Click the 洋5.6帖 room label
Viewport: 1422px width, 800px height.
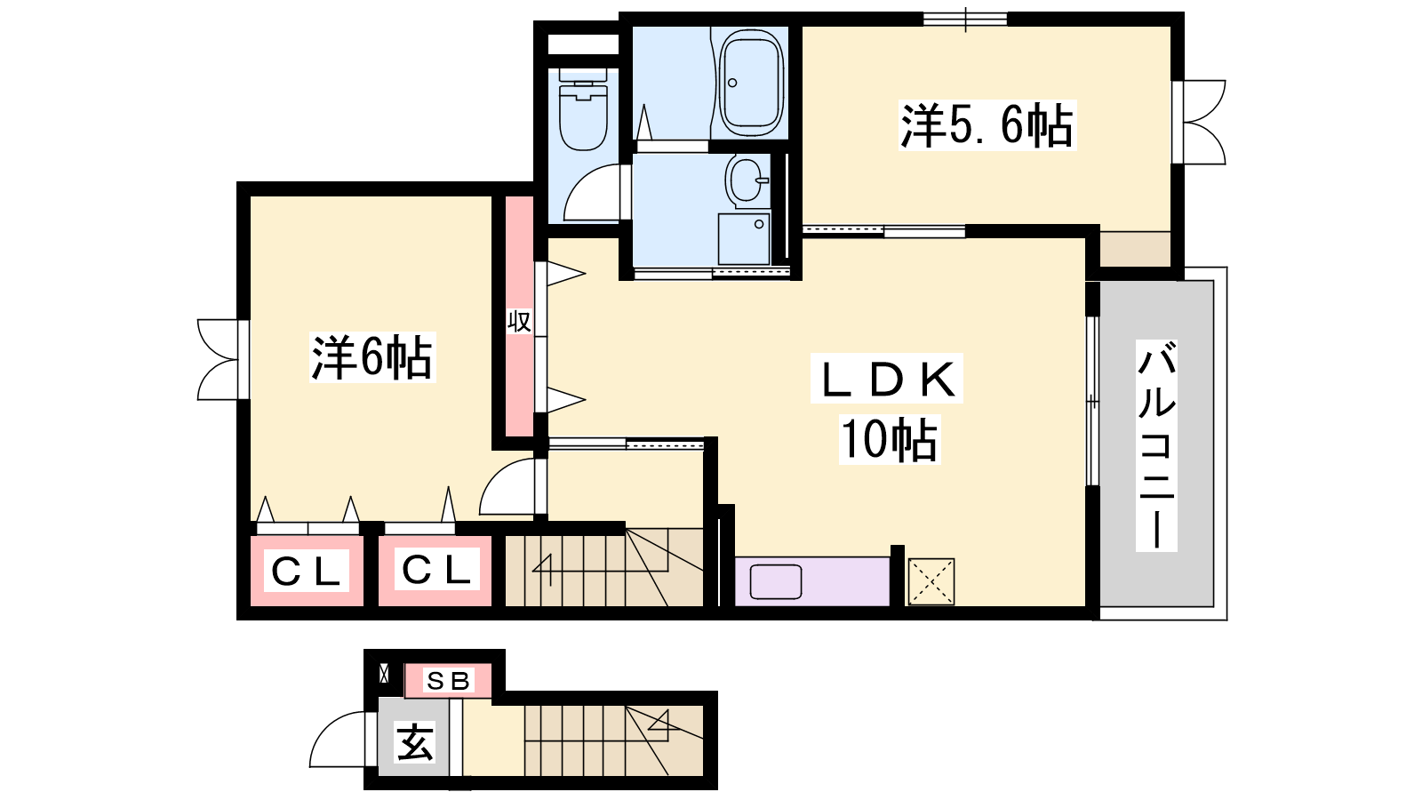[x=987, y=125]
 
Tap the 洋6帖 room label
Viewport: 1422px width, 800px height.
[x=372, y=356]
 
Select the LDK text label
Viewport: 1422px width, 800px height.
[x=887, y=379]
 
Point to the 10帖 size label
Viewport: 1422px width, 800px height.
[x=890, y=439]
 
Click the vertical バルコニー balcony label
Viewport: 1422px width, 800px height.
[x=1156, y=444]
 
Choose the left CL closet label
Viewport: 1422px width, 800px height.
[x=307, y=571]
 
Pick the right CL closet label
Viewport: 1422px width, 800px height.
[x=436, y=569]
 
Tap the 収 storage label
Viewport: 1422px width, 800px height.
[x=519, y=321]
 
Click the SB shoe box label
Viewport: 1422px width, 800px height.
[x=448, y=681]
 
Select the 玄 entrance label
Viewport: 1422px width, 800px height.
[x=414, y=741]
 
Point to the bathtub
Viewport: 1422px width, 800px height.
[x=749, y=83]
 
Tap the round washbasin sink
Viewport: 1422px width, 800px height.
[x=747, y=181]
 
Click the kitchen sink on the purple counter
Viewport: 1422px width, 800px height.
[x=775, y=581]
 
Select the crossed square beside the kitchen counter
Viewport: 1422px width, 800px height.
[x=931, y=581]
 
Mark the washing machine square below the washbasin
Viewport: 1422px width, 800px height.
[x=743, y=239]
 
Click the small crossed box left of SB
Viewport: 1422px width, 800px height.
[x=383, y=674]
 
